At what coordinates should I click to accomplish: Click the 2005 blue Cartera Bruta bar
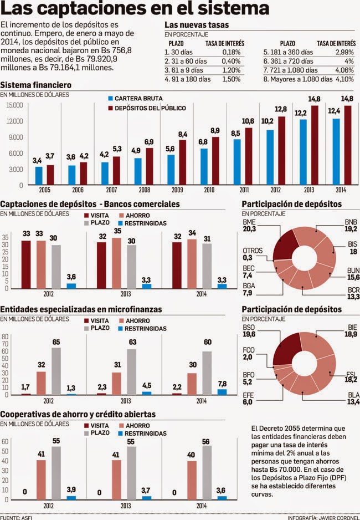pyautogui.click(x=39, y=175)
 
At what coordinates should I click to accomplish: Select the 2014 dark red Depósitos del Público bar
pyautogui.click(x=348, y=145)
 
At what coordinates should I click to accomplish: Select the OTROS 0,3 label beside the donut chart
pyautogui.click(x=253, y=254)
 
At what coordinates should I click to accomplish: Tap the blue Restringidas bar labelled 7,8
pyautogui.click(x=222, y=392)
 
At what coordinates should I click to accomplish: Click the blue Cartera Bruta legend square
pyautogui.click(x=111, y=98)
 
